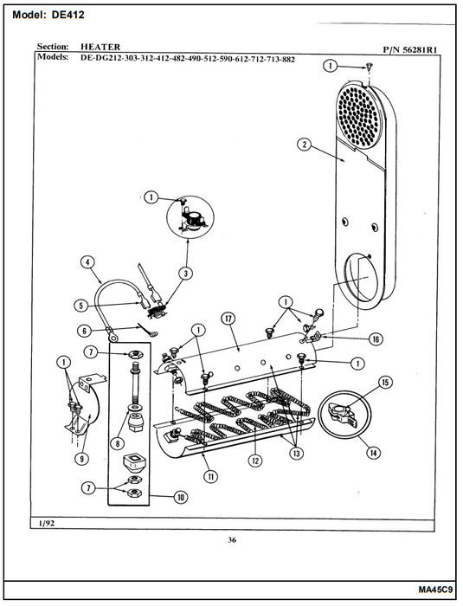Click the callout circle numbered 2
coord(305,145)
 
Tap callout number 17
coord(228,319)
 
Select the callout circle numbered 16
coord(376,339)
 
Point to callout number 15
coord(385,383)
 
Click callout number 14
coord(373,453)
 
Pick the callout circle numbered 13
coord(297,453)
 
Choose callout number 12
coord(255,461)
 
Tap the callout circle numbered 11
coord(211,476)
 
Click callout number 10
coord(181,497)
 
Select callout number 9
coord(82,459)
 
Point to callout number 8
coord(118,443)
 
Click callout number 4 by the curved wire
coord(87,262)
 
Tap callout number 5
coord(81,306)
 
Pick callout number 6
coord(84,331)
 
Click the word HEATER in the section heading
coord(100,47)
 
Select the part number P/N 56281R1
coord(411,49)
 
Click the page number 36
coord(232,540)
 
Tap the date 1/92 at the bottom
coord(47,523)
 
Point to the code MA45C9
coord(435,590)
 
